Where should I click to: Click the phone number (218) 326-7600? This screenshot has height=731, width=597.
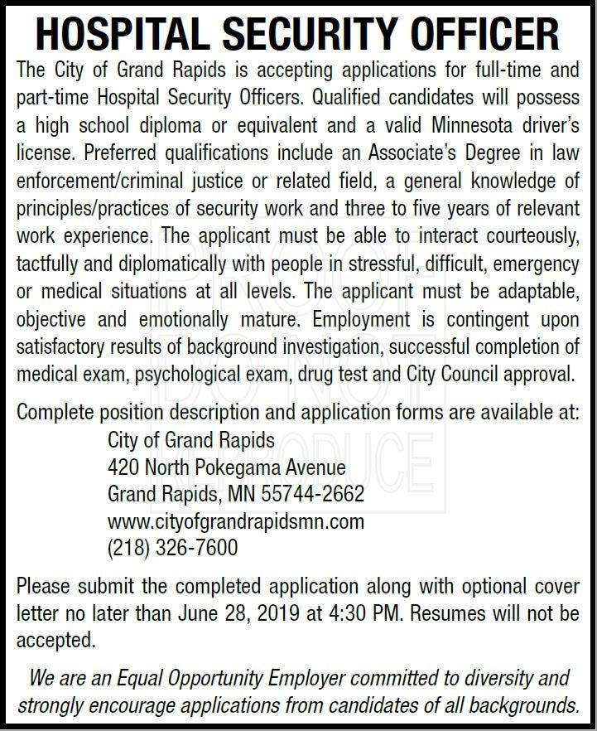(172, 547)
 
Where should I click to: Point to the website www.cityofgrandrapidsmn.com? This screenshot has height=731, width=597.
(236, 522)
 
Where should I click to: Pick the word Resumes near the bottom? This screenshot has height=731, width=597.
(450, 615)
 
